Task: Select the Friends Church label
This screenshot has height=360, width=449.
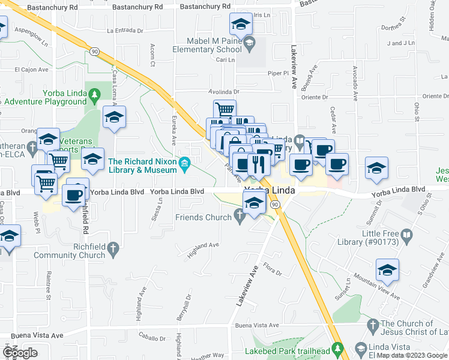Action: click(x=203, y=217)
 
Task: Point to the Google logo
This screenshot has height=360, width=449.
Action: click(x=20, y=353)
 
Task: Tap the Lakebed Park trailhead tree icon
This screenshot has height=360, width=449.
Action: click(x=338, y=347)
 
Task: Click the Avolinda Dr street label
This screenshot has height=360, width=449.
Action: click(x=224, y=92)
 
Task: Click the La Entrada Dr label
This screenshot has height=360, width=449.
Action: click(x=125, y=30)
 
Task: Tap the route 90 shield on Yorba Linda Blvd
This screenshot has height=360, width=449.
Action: click(x=275, y=205)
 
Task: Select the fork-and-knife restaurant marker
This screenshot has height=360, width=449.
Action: click(x=259, y=163)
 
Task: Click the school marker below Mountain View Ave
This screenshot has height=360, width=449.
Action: click(x=388, y=271)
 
